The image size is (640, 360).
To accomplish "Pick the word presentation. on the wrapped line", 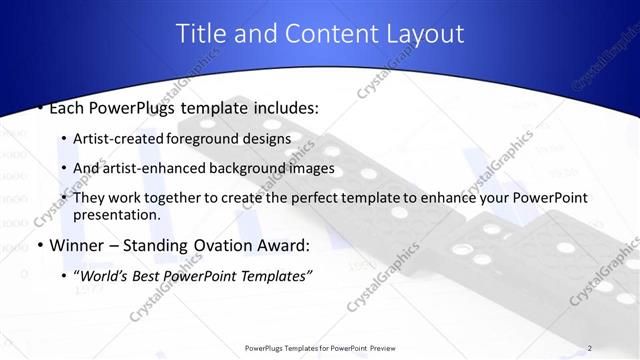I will tap(117, 215).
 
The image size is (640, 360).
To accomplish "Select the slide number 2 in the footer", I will tap(590, 348).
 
